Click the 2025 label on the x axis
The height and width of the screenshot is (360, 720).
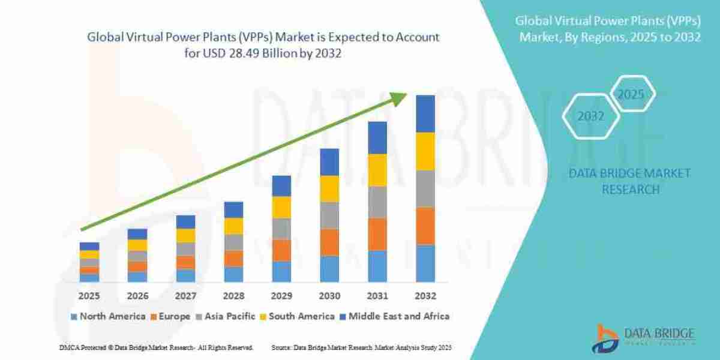coord(89,296)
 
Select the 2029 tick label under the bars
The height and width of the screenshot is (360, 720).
coord(281,296)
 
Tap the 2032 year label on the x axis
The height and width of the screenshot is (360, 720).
coord(425,296)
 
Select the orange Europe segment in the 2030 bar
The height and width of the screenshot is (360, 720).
coord(329,242)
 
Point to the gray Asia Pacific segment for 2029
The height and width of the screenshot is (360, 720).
coord(281,229)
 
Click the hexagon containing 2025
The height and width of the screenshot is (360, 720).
coord(631,95)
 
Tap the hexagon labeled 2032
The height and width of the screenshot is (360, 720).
coord(591,116)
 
